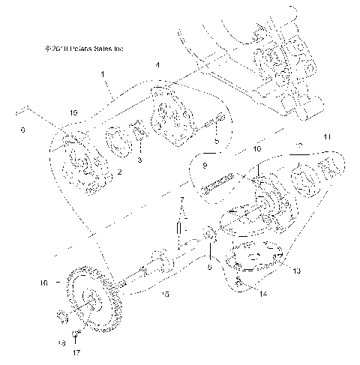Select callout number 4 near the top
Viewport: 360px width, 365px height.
coord(157,66)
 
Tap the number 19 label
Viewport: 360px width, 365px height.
coord(73,112)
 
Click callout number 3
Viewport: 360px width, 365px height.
coord(139,160)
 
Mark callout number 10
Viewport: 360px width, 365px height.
coord(257,150)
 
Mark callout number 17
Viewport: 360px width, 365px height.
coord(76,350)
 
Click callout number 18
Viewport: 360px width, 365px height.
coord(61,341)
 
